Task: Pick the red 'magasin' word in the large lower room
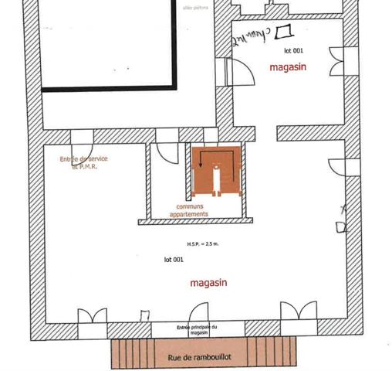208,284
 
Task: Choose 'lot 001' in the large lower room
173,259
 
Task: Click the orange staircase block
218,171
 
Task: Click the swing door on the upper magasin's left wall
241,72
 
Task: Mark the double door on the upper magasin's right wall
336,59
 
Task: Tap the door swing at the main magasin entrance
144,315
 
